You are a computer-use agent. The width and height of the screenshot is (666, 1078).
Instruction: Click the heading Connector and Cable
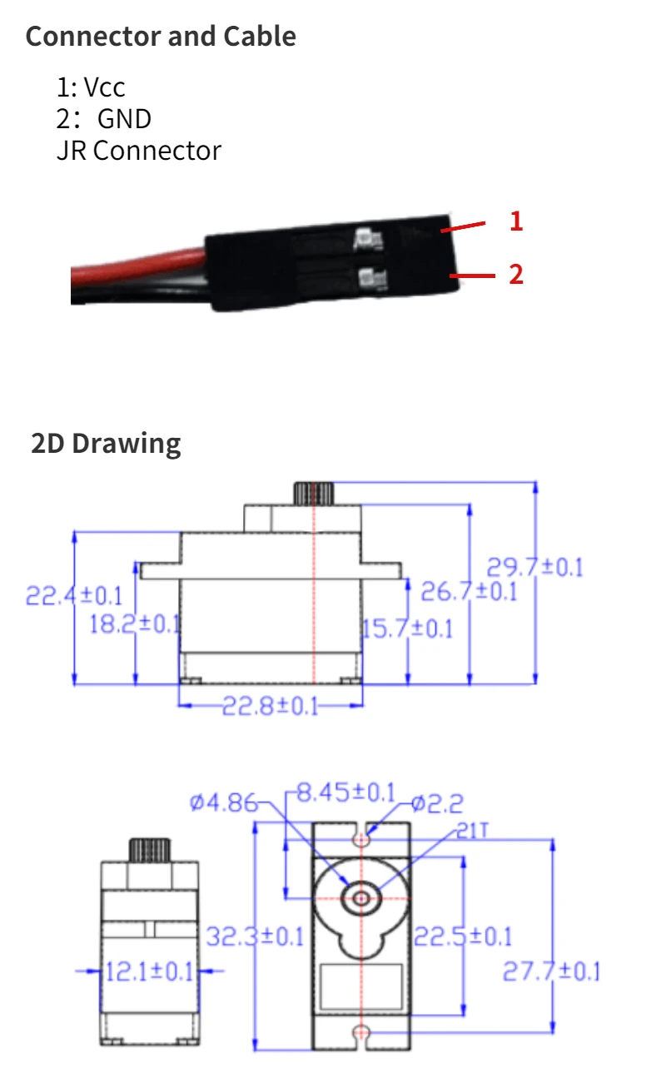click(161, 37)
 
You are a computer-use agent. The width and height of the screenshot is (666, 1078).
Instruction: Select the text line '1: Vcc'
click(91, 87)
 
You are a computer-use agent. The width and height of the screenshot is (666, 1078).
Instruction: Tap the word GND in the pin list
click(124, 119)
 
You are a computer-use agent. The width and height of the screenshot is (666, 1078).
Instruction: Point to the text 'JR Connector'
click(138, 151)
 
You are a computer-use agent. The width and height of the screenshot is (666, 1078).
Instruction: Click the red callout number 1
click(516, 221)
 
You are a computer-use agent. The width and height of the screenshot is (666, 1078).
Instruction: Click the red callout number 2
click(516, 274)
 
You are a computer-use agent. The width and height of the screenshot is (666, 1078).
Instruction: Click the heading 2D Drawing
click(106, 443)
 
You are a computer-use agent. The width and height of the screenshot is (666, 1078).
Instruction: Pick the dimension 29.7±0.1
click(534, 568)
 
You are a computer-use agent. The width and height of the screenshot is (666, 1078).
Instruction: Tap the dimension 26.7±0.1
click(468, 593)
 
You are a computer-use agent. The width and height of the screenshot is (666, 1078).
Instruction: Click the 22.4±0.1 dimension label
click(74, 596)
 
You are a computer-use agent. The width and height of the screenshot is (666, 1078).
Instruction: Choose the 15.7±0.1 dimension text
click(408, 628)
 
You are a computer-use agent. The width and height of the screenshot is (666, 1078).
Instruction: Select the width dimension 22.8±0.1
click(270, 707)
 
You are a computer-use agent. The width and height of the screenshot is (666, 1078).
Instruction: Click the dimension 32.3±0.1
click(255, 936)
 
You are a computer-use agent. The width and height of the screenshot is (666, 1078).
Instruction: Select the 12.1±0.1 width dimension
click(149, 971)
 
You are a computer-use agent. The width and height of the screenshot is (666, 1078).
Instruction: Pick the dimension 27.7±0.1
click(551, 971)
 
